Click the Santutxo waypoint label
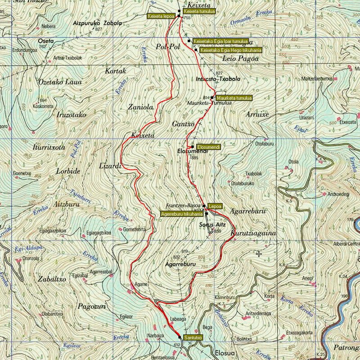[193, 337]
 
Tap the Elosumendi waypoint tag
[208, 147]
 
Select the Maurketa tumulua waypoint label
[234, 98]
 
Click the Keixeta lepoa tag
[161, 16]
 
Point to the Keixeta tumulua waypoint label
[199, 11]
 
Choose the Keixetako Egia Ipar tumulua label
[220, 41]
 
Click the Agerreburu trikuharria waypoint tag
[182, 214]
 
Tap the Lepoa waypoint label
[215, 206]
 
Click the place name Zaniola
[141, 107]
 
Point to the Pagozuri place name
[91, 306]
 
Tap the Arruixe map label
[257, 114]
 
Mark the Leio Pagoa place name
[241, 58]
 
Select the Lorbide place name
[68, 171]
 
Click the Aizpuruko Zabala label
[97, 22]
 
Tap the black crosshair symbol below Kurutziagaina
[259, 254]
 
